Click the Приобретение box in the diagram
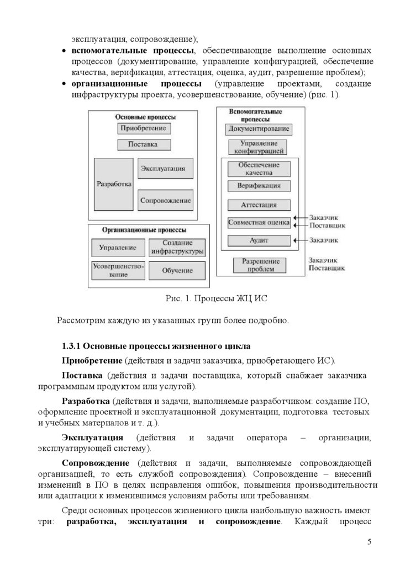[x=144, y=129]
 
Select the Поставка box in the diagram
[x=144, y=145]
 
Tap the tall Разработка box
[x=114, y=184]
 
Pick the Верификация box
[x=259, y=186]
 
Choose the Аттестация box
[x=259, y=205]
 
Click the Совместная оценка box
[x=259, y=223]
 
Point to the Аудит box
[x=259, y=241]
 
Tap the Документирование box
[x=259, y=129]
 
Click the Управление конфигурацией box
[x=259, y=147]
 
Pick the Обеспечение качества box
[x=259, y=169]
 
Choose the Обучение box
[x=177, y=270]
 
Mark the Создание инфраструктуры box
[x=177, y=247]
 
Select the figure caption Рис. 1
[x=178, y=299]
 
